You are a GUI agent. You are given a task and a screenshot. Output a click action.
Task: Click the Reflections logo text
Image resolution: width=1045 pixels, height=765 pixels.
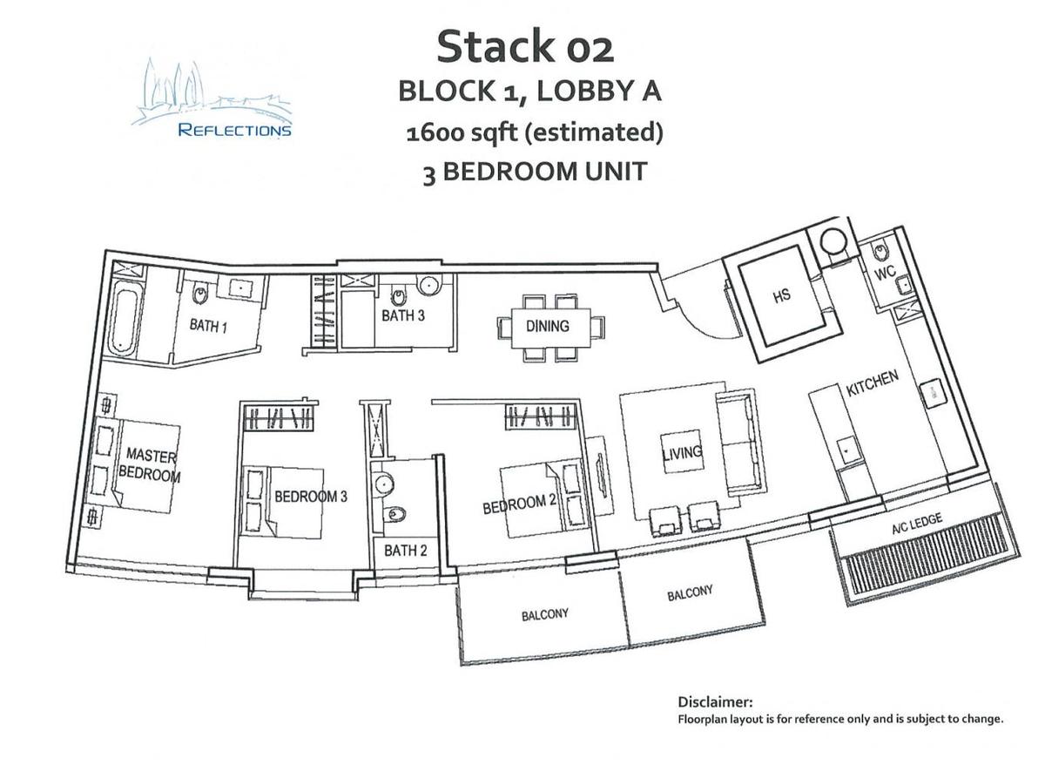(x=234, y=131)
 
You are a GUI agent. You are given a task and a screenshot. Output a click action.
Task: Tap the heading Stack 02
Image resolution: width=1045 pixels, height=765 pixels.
(x=524, y=46)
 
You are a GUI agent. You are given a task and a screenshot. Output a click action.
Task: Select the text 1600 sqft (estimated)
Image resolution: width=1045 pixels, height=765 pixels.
(x=535, y=133)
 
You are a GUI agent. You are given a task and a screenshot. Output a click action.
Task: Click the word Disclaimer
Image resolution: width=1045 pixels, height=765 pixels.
(x=714, y=701)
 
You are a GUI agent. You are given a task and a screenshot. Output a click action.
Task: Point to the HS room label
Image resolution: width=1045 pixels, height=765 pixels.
(x=781, y=295)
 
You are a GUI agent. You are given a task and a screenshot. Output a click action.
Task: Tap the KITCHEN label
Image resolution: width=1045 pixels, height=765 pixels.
(x=872, y=383)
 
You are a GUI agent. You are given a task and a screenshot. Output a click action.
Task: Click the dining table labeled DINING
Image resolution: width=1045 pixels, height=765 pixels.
(x=548, y=326)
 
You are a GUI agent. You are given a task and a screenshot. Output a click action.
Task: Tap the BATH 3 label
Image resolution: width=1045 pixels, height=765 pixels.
(x=403, y=315)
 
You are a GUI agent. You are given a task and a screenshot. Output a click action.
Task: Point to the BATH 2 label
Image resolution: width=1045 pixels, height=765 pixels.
(x=405, y=551)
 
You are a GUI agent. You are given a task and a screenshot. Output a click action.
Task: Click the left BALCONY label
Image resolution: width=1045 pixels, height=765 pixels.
(x=545, y=614)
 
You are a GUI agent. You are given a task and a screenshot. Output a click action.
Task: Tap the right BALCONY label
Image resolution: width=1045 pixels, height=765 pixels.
(x=690, y=594)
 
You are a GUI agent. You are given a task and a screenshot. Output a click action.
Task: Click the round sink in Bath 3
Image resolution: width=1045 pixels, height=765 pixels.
(x=428, y=285)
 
